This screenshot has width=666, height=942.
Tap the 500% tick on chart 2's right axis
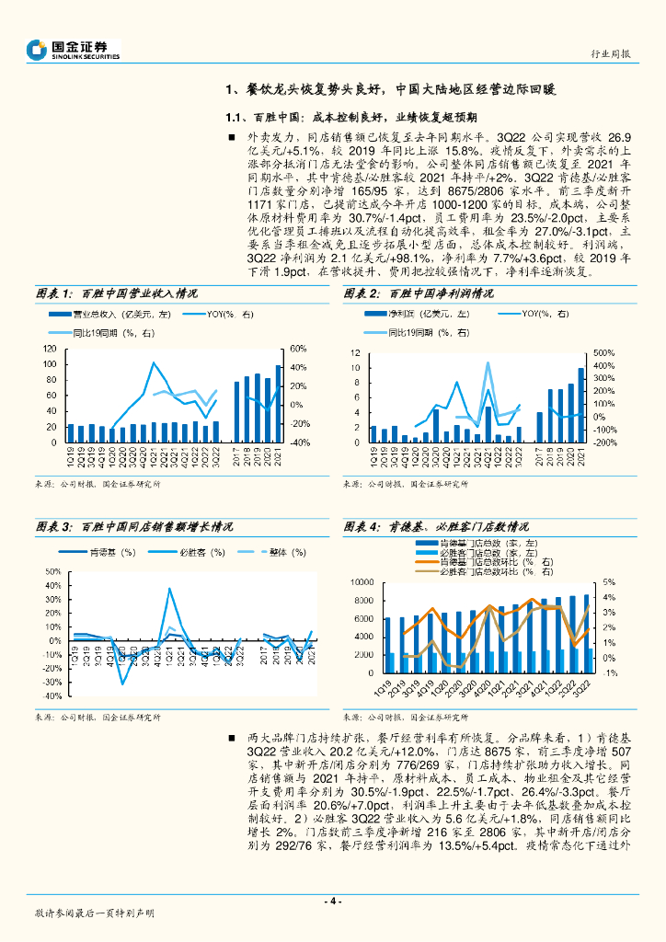pos(603,353)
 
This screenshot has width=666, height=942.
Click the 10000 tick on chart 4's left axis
pos(361,583)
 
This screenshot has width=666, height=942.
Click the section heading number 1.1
pos(236,118)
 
